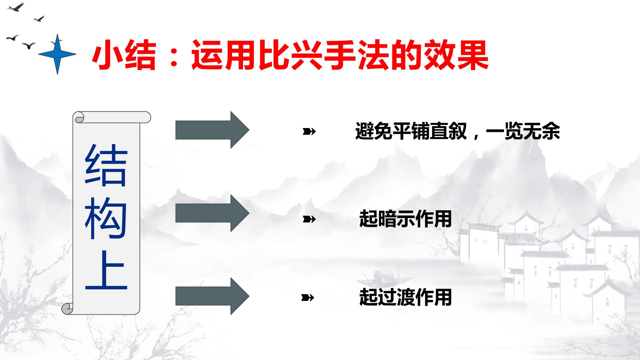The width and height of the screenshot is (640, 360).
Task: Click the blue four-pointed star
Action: (57, 54)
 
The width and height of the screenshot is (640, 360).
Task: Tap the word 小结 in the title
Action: (124, 55)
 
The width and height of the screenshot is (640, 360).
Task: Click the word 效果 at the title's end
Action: (455, 55)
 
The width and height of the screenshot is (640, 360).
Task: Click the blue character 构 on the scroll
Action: (106, 217)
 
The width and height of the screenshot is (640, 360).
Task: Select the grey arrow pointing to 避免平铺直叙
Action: (212, 130)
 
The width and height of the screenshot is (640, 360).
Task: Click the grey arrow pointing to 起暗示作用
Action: (212, 213)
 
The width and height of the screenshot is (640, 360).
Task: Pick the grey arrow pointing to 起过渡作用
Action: (212, 296)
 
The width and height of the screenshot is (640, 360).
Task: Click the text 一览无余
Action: (523, 131)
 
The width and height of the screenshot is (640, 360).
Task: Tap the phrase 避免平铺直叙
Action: (411, 131)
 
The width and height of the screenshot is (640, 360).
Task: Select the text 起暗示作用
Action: (405, 219)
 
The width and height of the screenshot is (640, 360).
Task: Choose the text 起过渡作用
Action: (405, 297)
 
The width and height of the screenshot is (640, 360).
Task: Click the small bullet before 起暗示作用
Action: (309, 219)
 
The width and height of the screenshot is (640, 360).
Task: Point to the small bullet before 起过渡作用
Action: (308, 297)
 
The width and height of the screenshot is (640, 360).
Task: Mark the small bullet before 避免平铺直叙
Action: (309, 132)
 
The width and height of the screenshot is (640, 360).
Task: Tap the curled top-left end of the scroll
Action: (79, 117)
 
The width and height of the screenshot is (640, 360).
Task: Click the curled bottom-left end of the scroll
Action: (67, 309)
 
